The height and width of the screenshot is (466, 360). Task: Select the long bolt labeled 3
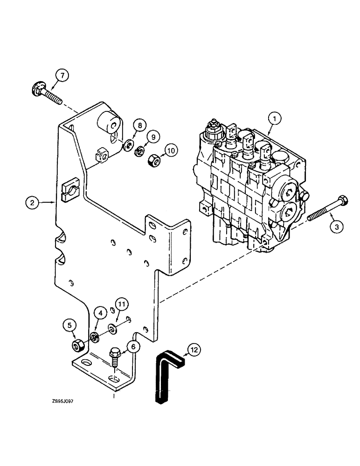[325, 213]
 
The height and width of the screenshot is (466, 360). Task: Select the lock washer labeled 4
[95, 337]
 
